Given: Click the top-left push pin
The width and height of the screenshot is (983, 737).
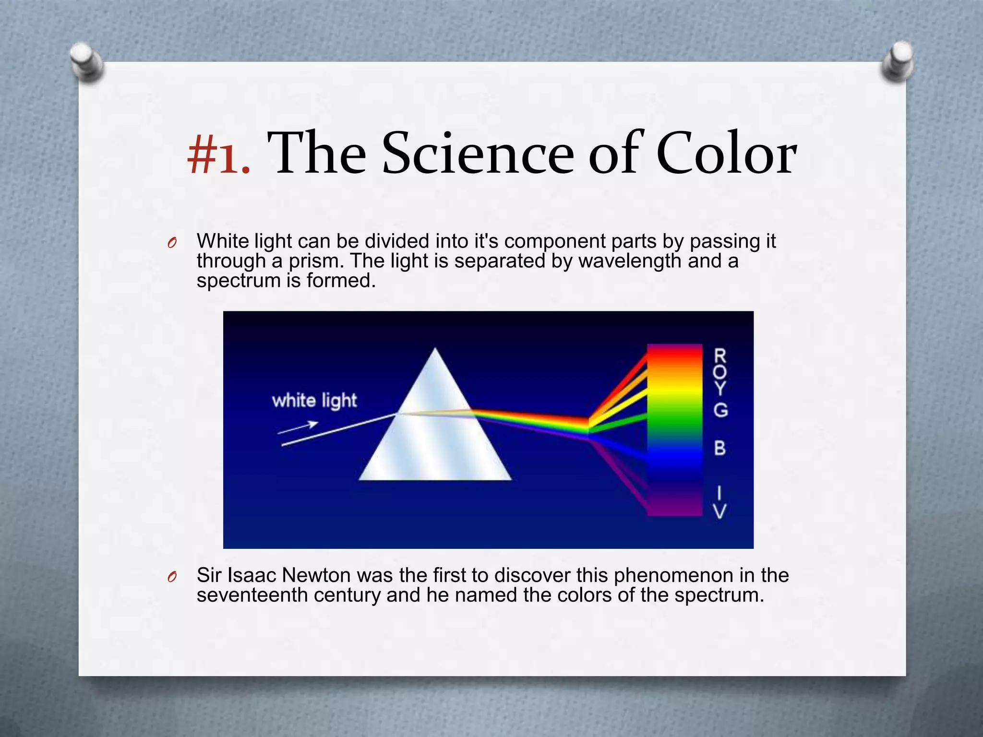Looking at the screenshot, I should [86, 62].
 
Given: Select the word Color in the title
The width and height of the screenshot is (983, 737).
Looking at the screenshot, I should [726, 154].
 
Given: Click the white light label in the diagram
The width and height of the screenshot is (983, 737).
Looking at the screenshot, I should [314, 400].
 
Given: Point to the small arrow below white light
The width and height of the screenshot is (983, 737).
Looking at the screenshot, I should [298, 427].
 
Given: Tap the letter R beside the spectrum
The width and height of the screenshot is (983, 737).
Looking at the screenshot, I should [720, 357].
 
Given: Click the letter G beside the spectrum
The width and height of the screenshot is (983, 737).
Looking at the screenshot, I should [720, 410].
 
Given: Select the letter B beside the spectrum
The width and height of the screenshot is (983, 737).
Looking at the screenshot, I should [720, 448].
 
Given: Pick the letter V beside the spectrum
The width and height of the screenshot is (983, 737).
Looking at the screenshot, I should [720, 511].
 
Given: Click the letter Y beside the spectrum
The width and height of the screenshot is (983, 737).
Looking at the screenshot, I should [720, 388].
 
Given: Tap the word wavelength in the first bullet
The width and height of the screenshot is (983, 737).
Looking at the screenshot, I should [630, 261].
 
